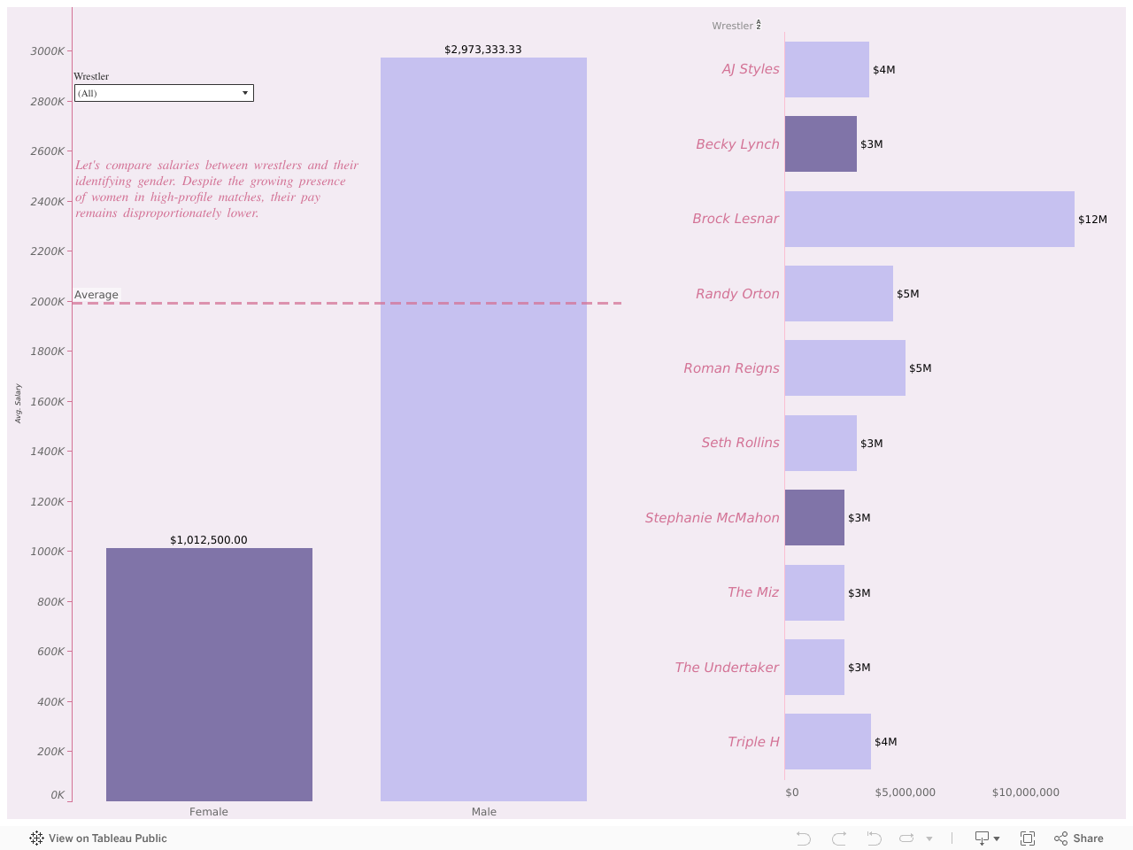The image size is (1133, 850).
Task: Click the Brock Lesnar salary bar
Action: (929, 220)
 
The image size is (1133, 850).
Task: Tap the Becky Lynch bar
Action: (821, 144)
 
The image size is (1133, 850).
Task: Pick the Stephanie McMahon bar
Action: (814, 518)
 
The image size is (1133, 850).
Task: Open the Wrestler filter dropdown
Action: (164, 93)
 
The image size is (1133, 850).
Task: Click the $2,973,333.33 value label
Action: (483, 50)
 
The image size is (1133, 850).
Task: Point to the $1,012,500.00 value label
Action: (209, 540)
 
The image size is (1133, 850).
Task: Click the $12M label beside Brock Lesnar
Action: (1092, 220)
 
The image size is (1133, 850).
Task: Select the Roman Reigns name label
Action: (731, 368)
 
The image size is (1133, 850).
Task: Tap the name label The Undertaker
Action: (727, 668)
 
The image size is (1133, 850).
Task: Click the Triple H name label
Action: (753, 742)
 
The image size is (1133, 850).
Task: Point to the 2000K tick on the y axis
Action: (48, 302)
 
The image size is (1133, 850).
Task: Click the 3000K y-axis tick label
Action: (48, 51)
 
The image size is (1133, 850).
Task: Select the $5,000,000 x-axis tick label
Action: (905, 792)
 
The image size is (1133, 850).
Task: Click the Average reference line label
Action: (96, 295)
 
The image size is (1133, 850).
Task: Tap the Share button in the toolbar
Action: (1079, 838)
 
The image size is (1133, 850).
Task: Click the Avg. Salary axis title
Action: (18, 404)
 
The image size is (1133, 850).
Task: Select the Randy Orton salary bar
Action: (838, 294)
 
